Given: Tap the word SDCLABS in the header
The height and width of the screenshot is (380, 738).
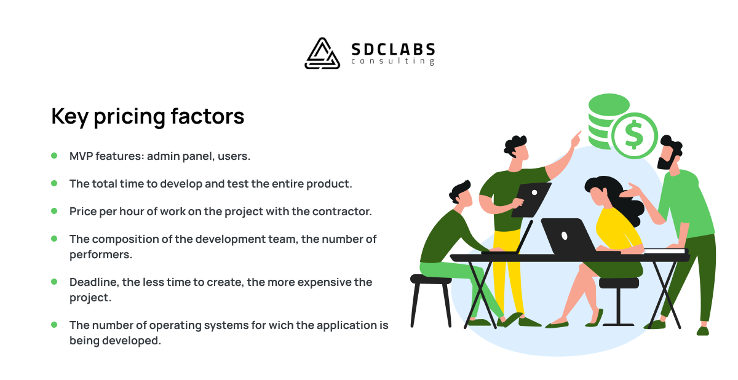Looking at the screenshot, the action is (x=393, y=50).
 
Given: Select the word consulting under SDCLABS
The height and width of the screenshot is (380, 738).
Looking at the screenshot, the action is (x=393, y=61).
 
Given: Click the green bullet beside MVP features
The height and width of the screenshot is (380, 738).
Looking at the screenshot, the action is (x=54, y=156).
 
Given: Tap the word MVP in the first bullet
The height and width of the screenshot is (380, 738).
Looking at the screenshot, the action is (x=81, y=156).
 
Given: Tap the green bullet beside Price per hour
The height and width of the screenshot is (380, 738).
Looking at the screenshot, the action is (x=54, y=211).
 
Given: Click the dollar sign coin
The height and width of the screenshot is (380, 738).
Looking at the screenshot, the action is (x=635, y=136).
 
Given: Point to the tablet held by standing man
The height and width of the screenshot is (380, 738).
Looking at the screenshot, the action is (x=531, y=200).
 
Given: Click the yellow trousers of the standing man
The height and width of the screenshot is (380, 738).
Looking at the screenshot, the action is (x=507, y=271).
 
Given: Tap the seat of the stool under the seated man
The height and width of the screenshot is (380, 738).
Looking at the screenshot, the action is (x=430, y=279).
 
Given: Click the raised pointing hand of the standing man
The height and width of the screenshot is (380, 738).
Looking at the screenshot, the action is (x=576, y=139).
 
